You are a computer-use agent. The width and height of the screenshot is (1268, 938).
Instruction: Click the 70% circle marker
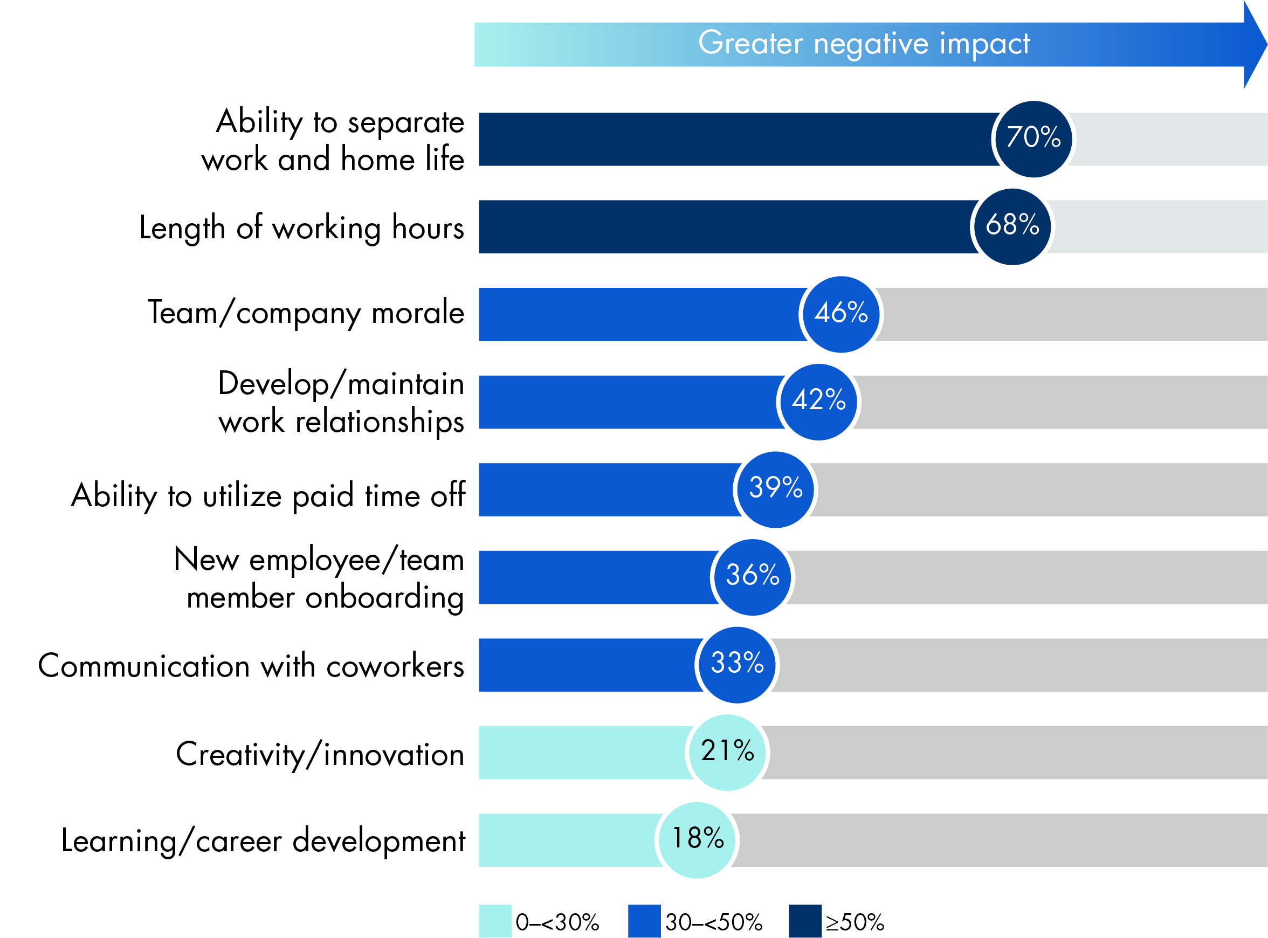(x=1033, y=139)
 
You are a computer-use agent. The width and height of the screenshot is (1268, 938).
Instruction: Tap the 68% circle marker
(x=1012, y=226)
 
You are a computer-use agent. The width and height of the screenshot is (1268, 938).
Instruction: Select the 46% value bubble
(x=841, y=314)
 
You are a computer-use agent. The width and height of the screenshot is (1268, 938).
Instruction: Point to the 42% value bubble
(x=818, y=402)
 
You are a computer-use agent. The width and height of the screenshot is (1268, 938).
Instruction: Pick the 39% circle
(x=775, y=489)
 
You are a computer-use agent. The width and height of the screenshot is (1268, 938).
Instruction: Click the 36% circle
(x=753, y=577)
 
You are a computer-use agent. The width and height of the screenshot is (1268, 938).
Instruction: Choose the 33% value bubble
(x=737, y=664)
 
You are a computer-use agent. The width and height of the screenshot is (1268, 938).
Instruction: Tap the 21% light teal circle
(x=727, y=753)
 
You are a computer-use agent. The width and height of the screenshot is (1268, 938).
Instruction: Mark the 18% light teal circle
(x=697, y=840)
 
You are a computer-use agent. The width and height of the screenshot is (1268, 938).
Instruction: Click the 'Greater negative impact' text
(x=863, y=44)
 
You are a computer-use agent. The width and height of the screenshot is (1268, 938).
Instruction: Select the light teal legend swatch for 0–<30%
(x=494, y=920)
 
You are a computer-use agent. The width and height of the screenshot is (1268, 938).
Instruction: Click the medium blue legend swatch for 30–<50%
(x=644, y=920)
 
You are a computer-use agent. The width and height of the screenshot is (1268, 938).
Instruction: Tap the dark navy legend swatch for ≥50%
(x=805, y=920)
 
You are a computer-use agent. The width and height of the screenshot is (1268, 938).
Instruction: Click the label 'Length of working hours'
(x=301, y=227)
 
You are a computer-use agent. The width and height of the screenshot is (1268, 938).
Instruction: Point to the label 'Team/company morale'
(x=306, y=313)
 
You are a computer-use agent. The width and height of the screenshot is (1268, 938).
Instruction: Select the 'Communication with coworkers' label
(x=251, y=665)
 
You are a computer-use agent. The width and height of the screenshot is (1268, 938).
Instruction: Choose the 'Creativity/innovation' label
(x=320, y=754)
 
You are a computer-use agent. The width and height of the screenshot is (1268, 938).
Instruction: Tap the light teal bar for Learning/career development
(x=568, y=840)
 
